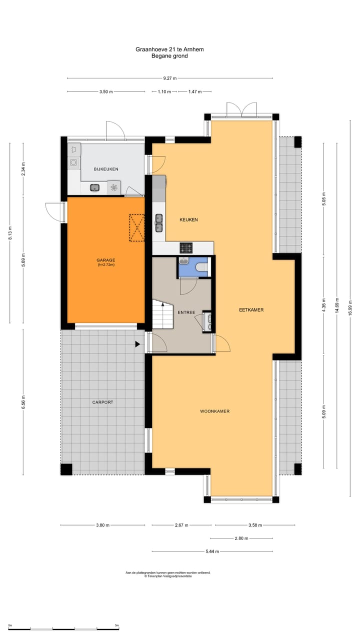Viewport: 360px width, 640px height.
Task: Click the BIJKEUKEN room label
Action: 106,169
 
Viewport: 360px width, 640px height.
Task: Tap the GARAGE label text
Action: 106,260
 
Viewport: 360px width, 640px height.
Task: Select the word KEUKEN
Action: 188,219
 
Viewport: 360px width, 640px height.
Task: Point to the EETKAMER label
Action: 251,310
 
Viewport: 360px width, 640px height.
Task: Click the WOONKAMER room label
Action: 214,411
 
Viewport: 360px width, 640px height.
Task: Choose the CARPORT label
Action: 102,402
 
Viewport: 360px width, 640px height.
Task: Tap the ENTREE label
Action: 186,312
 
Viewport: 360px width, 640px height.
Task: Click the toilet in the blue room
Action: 202,267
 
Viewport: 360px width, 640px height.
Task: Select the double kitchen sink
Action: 159,223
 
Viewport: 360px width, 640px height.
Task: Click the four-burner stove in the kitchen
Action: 186,247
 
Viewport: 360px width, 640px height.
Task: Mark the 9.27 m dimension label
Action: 170,78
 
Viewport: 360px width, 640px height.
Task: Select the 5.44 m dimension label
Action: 212,551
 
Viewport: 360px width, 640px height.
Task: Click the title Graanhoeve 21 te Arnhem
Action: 169,49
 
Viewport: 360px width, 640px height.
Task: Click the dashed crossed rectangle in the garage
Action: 137,228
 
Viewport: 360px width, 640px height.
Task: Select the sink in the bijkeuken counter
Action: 94,188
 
